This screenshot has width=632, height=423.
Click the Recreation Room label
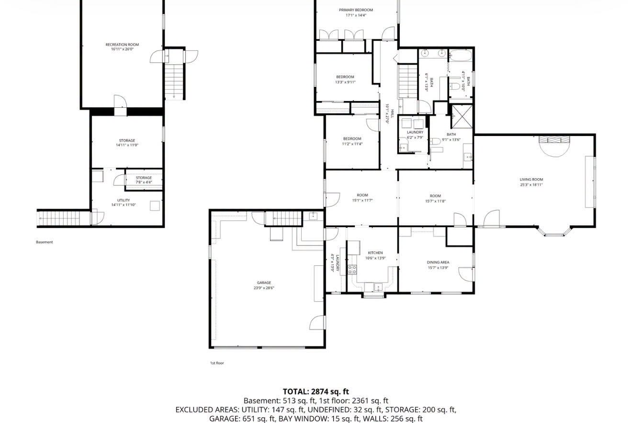(x=122, y=45)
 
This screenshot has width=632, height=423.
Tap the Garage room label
(x=264, y=283)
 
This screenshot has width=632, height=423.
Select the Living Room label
(x=531, y=180)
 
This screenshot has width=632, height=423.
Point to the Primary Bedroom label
(x=356, y=10)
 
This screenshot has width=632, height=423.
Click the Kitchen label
(x=375, y=253)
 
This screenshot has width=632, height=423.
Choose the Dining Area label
(x=438, y=263)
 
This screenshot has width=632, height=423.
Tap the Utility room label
(x=124, y=201)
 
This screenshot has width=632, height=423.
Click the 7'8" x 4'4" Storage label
(x=144, y=183)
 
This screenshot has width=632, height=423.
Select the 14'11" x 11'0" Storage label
(x=127, y=145)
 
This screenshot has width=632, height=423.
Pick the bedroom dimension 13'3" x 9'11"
(x=345, y=82)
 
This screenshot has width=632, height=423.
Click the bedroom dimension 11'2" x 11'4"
(x=352, y=144)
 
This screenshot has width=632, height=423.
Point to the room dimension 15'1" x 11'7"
(x=362, y=201)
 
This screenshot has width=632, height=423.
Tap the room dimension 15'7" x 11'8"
(x=435, y=201)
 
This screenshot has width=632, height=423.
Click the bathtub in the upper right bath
(x=461, y=56)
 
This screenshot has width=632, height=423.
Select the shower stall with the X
(x=462, y=116)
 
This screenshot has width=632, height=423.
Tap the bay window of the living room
(x=554, y=231)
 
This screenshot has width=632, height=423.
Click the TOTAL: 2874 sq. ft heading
(x=316, y=392)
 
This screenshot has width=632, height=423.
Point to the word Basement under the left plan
(x=45, y=242)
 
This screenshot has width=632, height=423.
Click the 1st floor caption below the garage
(x=217, y=363)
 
